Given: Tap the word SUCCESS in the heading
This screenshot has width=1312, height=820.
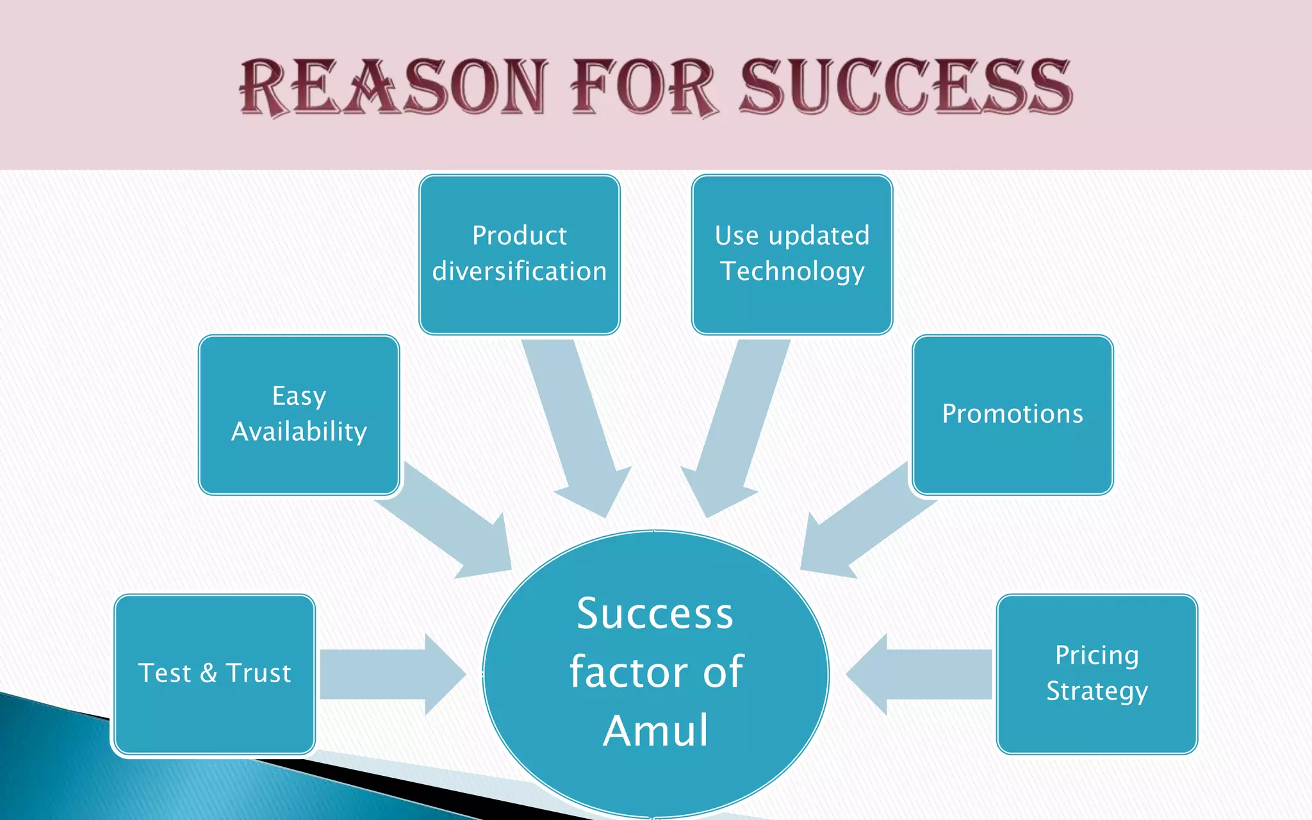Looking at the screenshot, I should click(x=906, y=87).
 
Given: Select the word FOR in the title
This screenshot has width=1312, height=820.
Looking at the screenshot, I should click(x=643, y=87).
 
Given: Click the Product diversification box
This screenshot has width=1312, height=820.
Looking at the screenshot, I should click(x=519, y=254).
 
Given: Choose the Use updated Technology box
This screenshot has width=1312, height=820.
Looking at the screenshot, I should click(x=792, y=254).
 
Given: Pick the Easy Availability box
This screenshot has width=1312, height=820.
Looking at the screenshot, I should click(x=299, y=414).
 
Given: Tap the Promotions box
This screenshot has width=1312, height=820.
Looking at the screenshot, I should click(x=1012, y=414).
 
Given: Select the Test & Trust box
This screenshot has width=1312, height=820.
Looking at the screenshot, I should click(x=215, y=674).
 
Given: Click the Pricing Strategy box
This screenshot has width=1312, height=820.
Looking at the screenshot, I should click(x=1097, y=674).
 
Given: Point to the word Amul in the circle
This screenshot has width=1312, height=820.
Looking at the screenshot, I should click(x=656, y=730).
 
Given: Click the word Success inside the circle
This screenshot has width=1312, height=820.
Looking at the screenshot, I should click(x=655, y=614).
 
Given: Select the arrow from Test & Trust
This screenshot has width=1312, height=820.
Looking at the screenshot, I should click(x=391, y=674).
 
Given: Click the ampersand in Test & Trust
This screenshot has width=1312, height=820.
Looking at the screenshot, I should click(x=208, y=673).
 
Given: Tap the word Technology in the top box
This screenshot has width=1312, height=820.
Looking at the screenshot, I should click(x=792, y=272).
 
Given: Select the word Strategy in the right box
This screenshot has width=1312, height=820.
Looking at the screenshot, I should click(x=1097, y=692).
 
